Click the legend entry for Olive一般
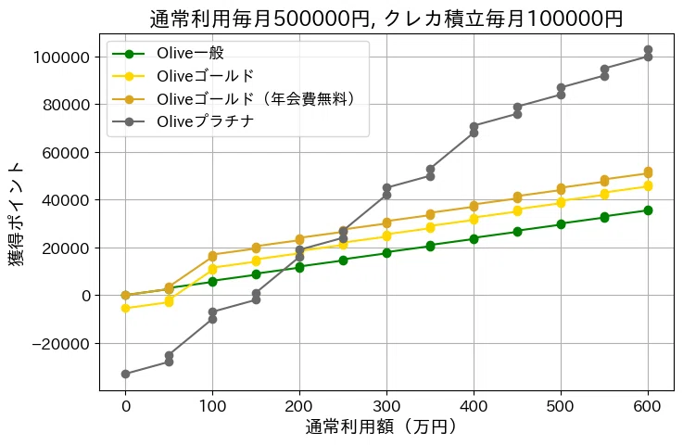[191, 52]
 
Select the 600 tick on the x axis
[648, 405]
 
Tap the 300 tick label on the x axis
[386, 405]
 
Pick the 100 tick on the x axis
[212, 405]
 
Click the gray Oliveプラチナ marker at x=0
[125, 375]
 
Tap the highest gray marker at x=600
[648, 50]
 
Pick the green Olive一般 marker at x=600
[648, 210]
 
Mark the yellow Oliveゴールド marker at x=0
[125, 308]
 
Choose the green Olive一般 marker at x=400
[474, 238]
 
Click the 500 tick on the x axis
[561, 405]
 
